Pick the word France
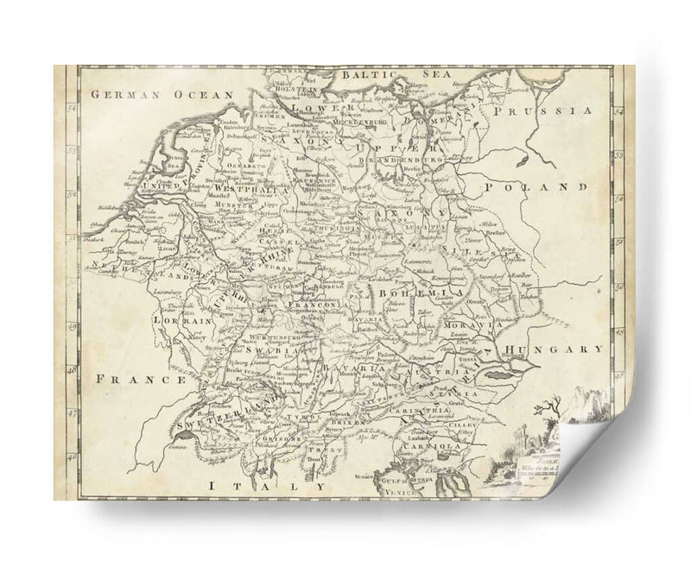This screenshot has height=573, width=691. [141, 378]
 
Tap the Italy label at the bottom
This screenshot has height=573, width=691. [268, 486]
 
